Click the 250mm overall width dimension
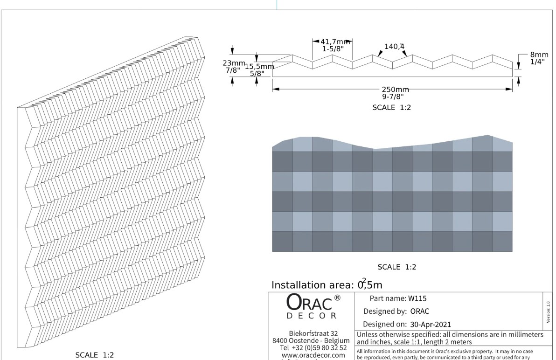tap(395, 90)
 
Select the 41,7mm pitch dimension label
tap(335, 42)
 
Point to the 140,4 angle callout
tap(394, 46)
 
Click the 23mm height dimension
tap(234, 63)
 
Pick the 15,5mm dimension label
tap(259, 67)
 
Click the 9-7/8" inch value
tap(392, 97)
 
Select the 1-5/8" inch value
tap(333, 48)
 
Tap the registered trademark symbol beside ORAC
tap(337, 298)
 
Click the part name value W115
tap(417, 298)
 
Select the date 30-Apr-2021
tap(431, 324)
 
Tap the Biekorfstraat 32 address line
tap(313, 333)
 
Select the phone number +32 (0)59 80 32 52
tap(319, 348)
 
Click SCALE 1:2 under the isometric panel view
tap(95, 355)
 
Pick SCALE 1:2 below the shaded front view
tap(396, 267)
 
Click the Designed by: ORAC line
tap(396, 311)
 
